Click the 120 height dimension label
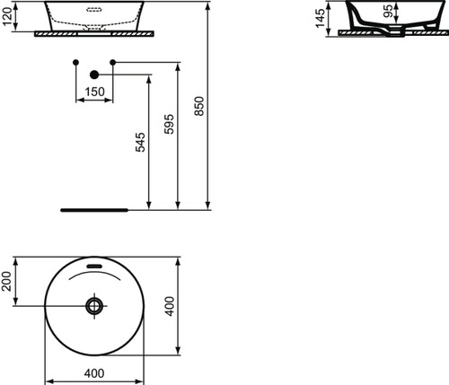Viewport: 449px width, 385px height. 9,18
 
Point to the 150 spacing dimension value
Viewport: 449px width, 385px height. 93,91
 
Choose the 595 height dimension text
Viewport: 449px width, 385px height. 168,125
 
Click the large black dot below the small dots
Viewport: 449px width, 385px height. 93,75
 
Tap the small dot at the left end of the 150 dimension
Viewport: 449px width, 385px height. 75,62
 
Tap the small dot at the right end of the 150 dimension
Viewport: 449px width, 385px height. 112,62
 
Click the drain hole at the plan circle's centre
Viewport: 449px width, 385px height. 94,306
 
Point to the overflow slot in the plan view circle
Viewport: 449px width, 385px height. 94,266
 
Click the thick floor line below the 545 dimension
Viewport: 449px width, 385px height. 94,207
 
